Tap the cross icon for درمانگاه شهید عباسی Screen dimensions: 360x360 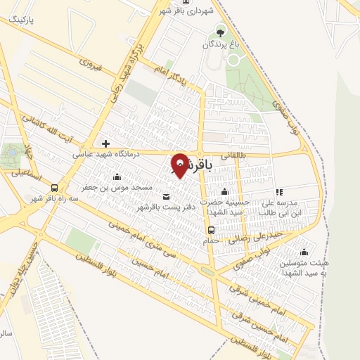(105, 143)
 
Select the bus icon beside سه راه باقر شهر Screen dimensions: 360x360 (54, 188)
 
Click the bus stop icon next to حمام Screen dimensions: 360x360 (210, 230)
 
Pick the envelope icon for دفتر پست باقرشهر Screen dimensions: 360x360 (166, 196)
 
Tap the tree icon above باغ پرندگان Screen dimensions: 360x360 (221, 32)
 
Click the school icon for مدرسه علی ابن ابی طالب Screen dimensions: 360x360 (279, 191)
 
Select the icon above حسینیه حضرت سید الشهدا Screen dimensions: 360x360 (224, 192)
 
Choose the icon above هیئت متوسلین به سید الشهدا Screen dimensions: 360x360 (303, 252)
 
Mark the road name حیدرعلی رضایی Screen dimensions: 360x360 (261, 236)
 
